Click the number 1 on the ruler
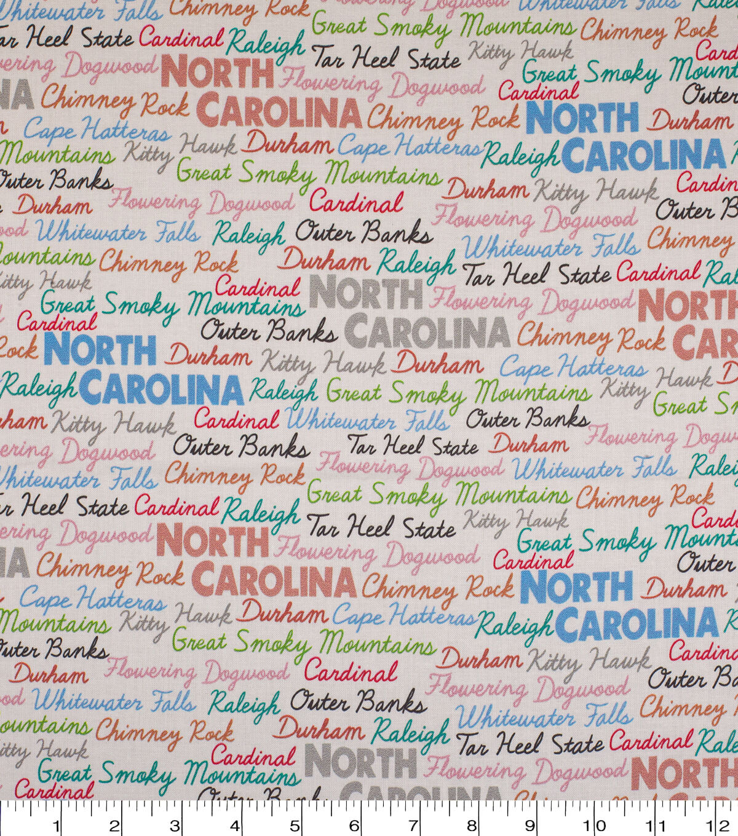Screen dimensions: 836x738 [x=57, y=824]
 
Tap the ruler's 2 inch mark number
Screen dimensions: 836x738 [x=114, y=824]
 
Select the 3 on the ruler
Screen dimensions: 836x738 [x=175, y=824]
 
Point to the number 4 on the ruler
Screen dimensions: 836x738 [x=234, y=824]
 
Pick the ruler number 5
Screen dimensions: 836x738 [x=294, y=824]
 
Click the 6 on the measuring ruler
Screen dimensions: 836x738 [x=354, y=824]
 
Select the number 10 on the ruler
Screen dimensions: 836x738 [x=594, y=824]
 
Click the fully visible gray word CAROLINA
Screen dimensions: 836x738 [x=427, y=333]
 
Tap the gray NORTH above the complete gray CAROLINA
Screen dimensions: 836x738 [x=366, y=293]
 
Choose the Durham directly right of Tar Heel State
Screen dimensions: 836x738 [x=528, y=444]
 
